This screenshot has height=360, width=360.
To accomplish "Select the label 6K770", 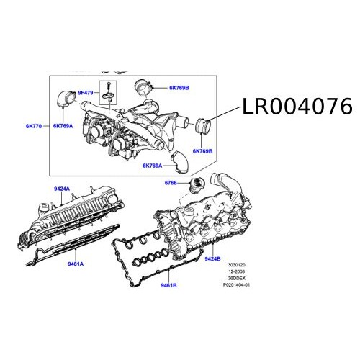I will click(x=33, y=126).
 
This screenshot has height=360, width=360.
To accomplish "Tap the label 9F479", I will click(x=86, y=94).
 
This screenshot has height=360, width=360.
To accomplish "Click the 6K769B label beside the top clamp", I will click(x=179, y=87).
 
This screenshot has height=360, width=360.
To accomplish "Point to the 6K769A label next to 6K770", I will click(x=62, y=126).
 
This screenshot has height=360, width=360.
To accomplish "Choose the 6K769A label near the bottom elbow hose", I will click(x=153, y=166).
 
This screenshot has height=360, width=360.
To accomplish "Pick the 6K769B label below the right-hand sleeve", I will click(x=202, y=151).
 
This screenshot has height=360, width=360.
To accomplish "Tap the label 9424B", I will click(x=212, y=257).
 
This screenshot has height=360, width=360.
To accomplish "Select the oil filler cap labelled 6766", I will click(x=194, y=187).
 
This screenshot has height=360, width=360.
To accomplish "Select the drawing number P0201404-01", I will click(x=238, y=285).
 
